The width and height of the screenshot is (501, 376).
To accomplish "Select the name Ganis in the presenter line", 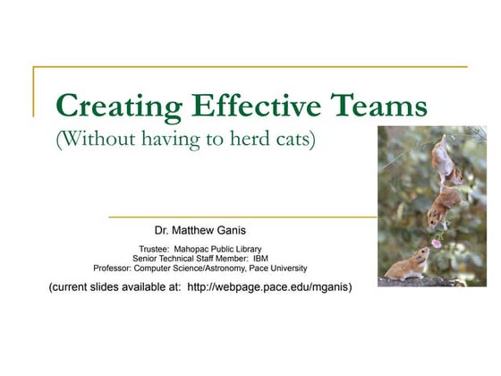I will tap(228, 230).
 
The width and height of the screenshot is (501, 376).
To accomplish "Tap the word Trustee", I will tap(155, 249).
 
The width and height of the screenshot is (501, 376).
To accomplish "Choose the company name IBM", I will tap(260, 259).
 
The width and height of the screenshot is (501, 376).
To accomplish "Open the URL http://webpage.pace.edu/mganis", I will tap(269, 287).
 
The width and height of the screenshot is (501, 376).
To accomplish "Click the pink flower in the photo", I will tap(437, 243).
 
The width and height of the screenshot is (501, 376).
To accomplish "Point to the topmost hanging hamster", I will tap(442, 158).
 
